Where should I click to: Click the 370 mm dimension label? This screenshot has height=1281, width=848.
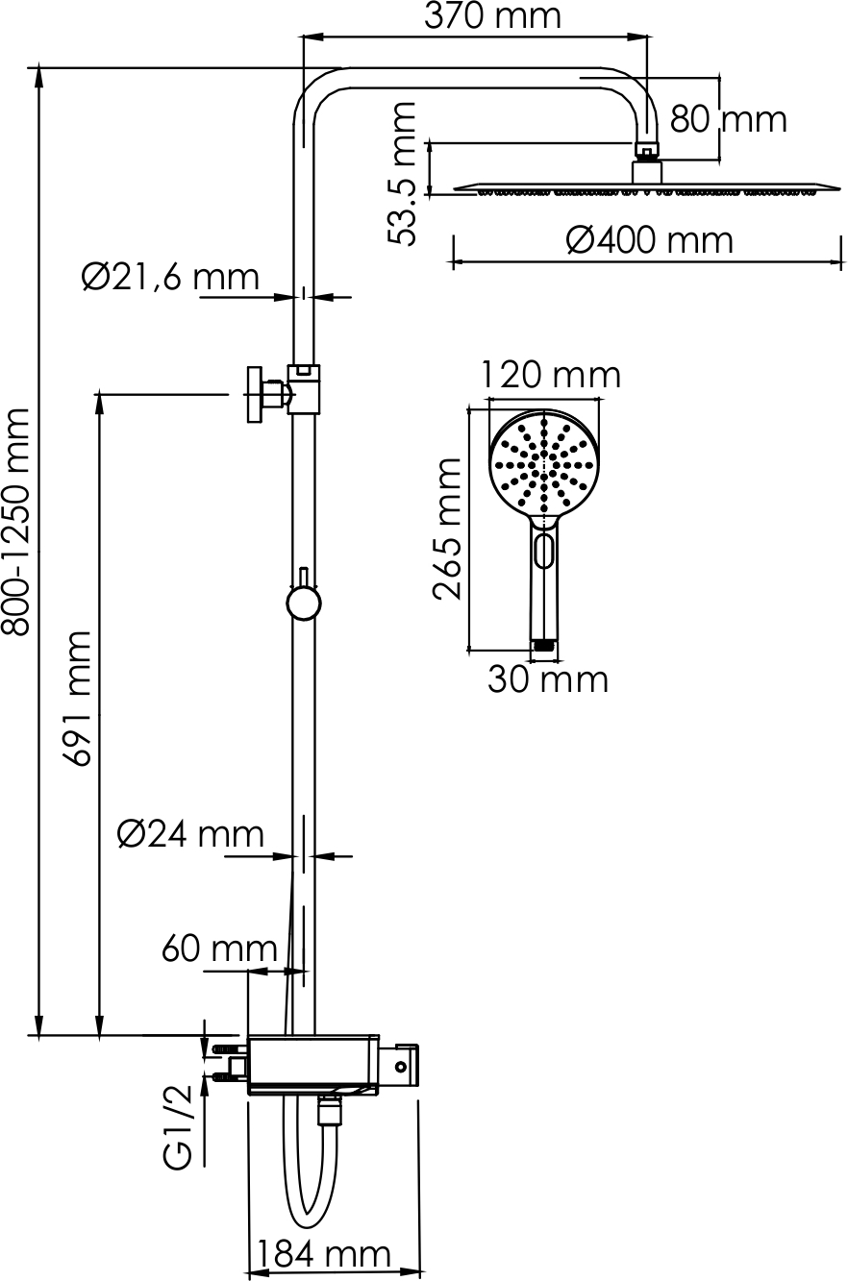pyautogui.click(x=491, y=16)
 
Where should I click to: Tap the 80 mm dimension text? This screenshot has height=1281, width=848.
pyautogui.click(x=728, y=119)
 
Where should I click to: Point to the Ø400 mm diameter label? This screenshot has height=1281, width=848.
pyautogui.click(x=649, y=239)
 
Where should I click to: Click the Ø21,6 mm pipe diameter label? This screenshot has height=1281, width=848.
pyautogui.click(x=170, y=277)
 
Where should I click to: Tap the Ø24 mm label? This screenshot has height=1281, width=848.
pyautogui.click(x=189, y=833)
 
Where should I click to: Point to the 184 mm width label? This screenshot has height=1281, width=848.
pyautogui.click(x=321, y=1255)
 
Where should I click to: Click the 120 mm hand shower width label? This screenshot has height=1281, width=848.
pyautogui.click(x=550, y=374)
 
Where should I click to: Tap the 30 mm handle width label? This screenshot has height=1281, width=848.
pyautogui.click(x=547, y=679)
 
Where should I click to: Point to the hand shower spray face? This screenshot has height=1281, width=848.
pyautogui.click(x=544, y=463)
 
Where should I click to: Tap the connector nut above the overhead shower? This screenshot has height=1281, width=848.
pyautogui.click(x=647, y=149)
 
